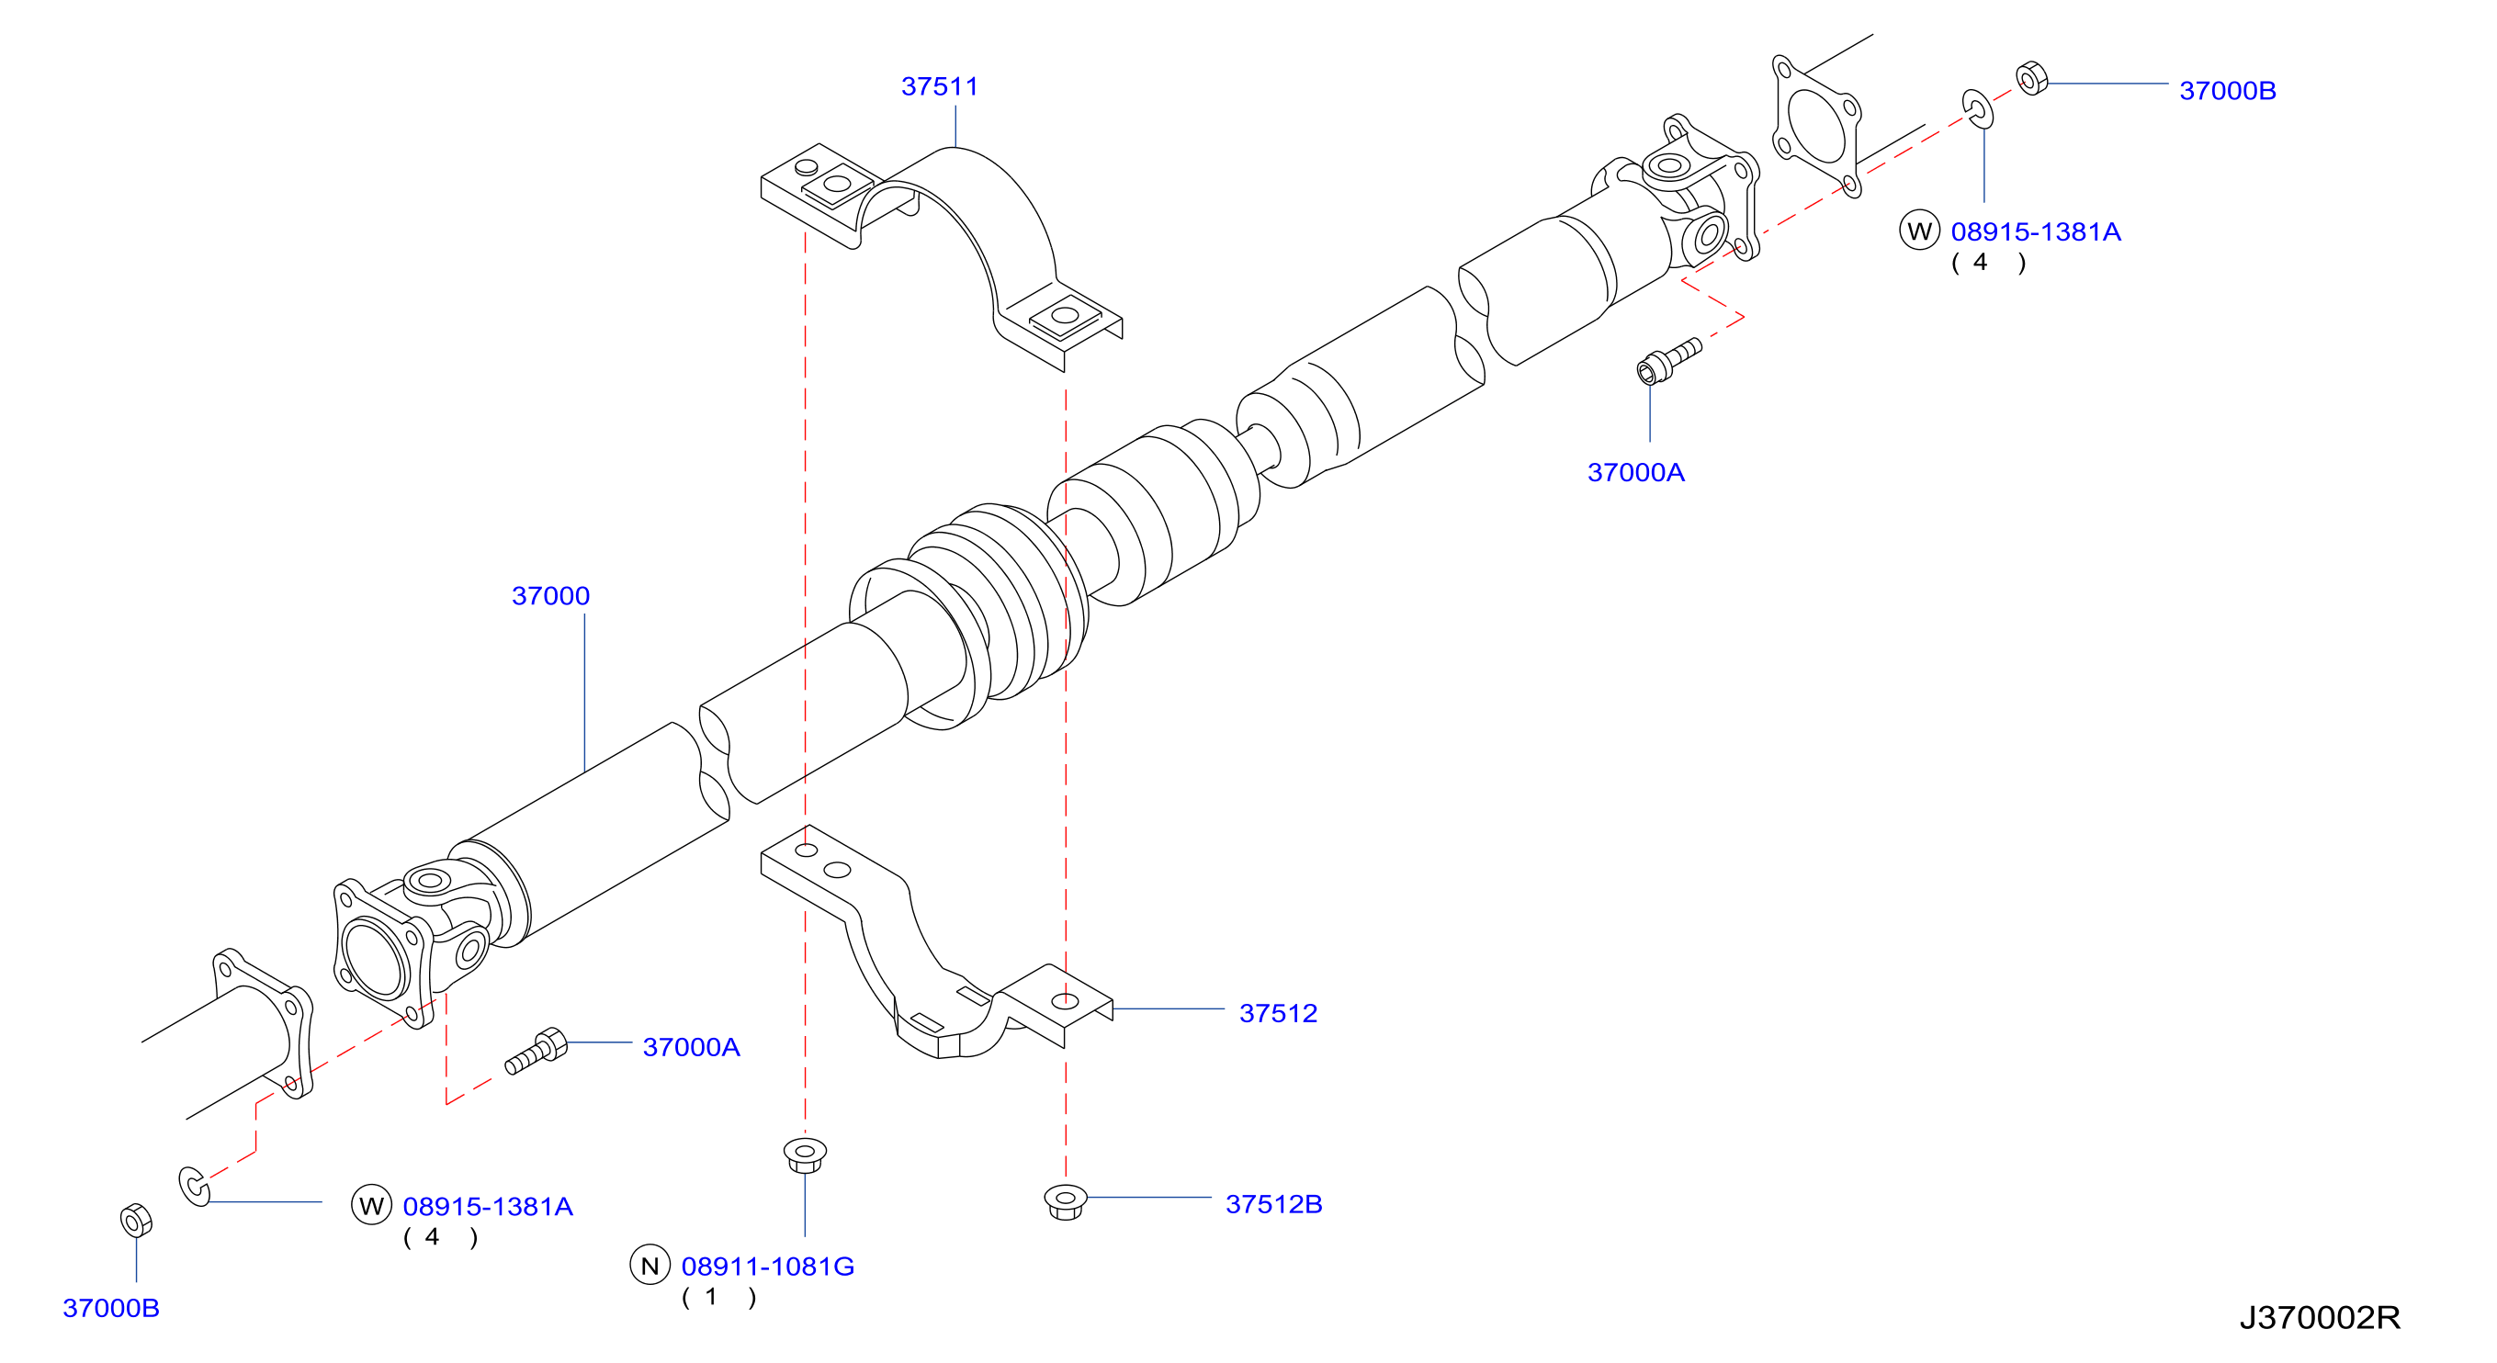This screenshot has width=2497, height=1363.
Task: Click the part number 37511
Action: click(x=939, y=86)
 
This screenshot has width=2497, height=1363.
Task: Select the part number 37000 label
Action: click(x=550, y=595)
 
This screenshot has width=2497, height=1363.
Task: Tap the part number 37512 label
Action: click(x=1278, y=1013)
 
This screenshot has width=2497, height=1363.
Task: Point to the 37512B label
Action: click(x=1273, y=1204)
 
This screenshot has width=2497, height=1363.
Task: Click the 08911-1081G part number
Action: click(x=768, y=1266)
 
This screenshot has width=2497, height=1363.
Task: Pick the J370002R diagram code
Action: click(x=2320, y=1317)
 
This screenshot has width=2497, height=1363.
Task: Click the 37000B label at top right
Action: click(x=2228, y=90)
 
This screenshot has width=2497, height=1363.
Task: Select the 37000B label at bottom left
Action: click(x=110, y=1308)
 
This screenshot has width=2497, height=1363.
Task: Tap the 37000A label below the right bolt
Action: click(x=1635, y=472)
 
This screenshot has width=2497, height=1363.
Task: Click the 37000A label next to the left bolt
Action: click(x=691, y=1047)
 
